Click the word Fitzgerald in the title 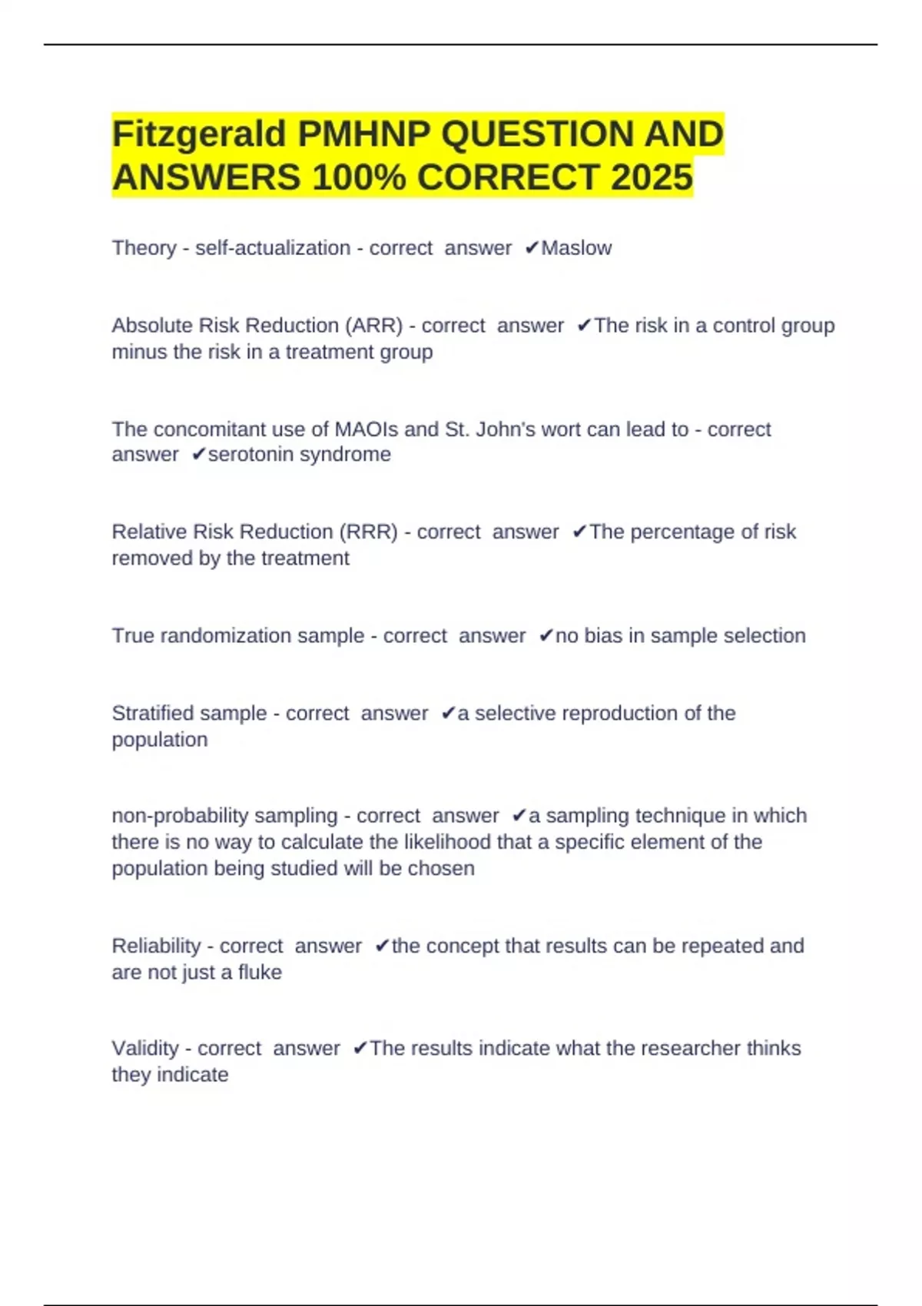[199, 134]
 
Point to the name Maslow [576, 248]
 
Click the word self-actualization [273, 248]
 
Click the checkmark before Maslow [532, 248]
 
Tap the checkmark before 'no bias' [546, 636]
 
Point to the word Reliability [156, 946]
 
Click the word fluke [260, 973]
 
